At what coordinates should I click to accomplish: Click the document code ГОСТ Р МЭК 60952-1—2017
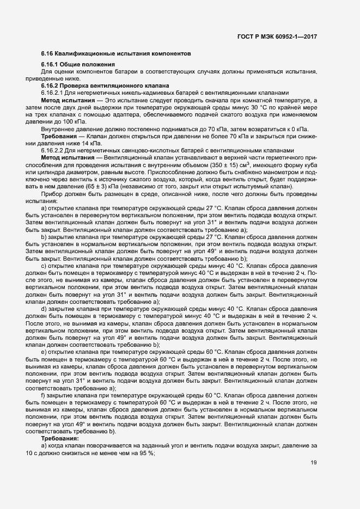277,36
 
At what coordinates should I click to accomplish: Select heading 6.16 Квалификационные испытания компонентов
116,55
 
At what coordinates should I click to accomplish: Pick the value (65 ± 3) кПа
78,186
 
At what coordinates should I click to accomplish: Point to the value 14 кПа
81,143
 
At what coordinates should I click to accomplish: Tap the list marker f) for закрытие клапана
44,395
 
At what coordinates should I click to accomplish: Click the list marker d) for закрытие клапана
44,308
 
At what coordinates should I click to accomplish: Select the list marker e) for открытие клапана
44,351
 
